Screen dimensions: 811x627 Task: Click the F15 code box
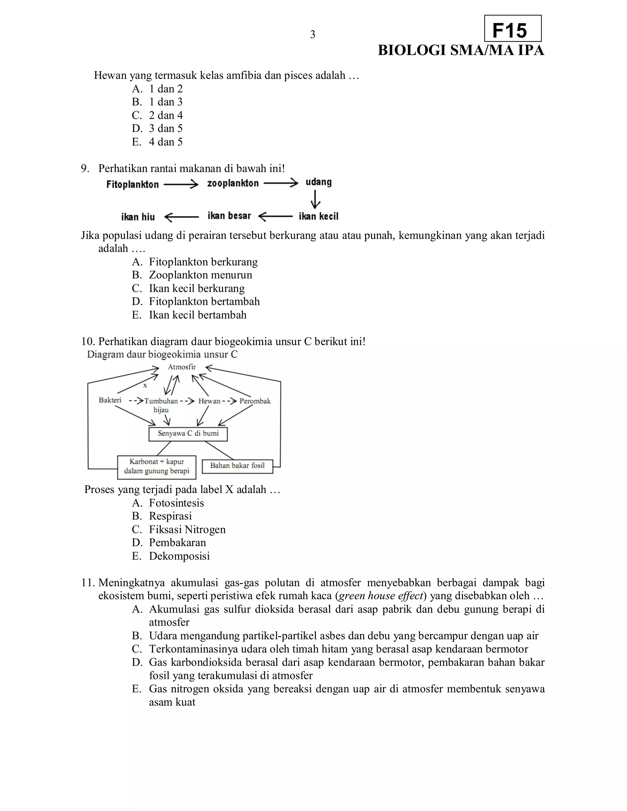pos(512,28)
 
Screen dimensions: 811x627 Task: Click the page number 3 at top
pos(312,35)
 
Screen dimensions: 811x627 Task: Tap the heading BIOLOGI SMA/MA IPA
pos(460,50)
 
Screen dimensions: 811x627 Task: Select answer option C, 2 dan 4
pos(157,115)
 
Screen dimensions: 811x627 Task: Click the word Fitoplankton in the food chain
pos(133,184)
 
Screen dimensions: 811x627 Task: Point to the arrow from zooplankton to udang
pos(281,183)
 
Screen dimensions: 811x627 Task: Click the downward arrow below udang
pos(316,200)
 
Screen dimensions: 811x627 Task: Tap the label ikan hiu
pos(138,217)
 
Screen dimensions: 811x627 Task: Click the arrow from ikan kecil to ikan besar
pos(275,216)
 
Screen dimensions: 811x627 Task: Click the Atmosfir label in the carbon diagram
pos(182,367)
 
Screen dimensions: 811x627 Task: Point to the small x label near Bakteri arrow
pos(145,385)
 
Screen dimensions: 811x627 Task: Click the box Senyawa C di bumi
pos(188,433)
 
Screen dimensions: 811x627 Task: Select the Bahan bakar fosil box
pos(237,466)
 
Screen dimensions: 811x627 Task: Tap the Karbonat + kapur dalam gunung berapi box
pos(156,466)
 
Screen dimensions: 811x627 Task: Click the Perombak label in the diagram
pos(255,401)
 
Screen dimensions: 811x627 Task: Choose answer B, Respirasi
pos(162,516)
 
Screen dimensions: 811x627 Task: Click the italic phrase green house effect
pos(381,596)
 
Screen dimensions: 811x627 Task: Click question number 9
pos(85,169)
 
